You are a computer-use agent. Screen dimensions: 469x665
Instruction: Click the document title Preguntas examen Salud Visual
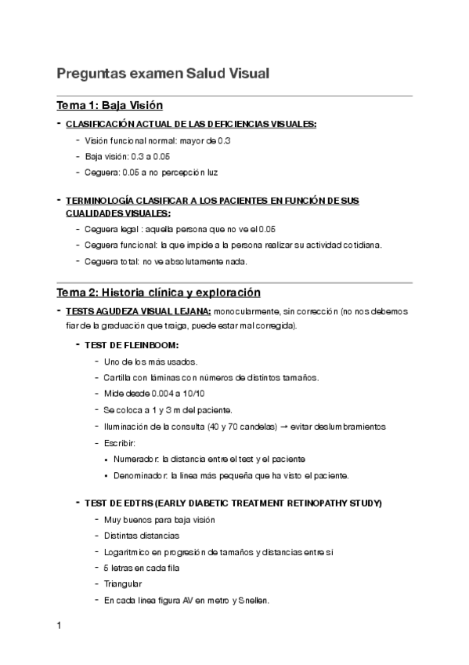click(163, 74)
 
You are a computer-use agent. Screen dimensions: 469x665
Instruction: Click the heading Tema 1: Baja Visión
click(110, 106)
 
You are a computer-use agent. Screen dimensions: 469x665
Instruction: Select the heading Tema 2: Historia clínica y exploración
click(158, 293)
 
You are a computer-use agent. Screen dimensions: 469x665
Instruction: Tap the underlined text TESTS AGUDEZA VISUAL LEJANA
click(138, 311)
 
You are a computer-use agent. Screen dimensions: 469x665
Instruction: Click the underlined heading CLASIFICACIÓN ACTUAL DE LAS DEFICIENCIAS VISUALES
click(191, 125)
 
